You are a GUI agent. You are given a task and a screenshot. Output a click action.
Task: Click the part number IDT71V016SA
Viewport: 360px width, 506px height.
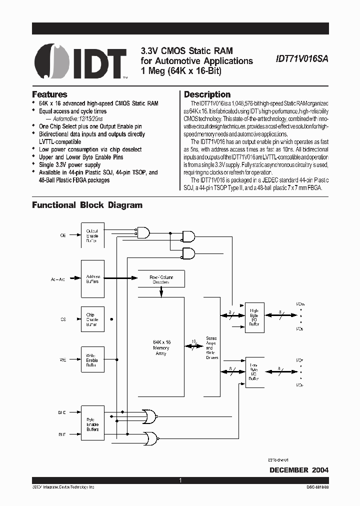pyautogui.click(x=301, y=58)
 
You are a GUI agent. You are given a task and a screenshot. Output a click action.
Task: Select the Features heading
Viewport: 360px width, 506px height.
pyautogui.click(x=49, y=94)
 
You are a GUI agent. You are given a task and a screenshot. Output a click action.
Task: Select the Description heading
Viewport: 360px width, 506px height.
pyautogui.click(x=207, y=94)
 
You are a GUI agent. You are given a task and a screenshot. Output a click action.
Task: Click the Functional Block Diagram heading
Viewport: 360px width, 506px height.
pyautogui.click(x=87, y=205)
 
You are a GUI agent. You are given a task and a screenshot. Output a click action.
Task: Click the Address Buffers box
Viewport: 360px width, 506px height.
pyautogui.click(x=92, y=278)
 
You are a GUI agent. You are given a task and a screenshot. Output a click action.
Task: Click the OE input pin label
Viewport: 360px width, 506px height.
pyautogui.click(x=63, y=235)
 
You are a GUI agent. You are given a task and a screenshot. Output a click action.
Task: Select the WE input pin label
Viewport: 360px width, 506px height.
pyautogui.click(x=63, y=360)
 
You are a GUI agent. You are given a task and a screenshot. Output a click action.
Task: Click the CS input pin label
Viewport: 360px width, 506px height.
pyautogui.click(x=63, y=318)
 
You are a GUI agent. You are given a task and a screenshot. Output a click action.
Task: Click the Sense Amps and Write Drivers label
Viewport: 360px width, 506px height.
pyautogui.click(x=211, y=348)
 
